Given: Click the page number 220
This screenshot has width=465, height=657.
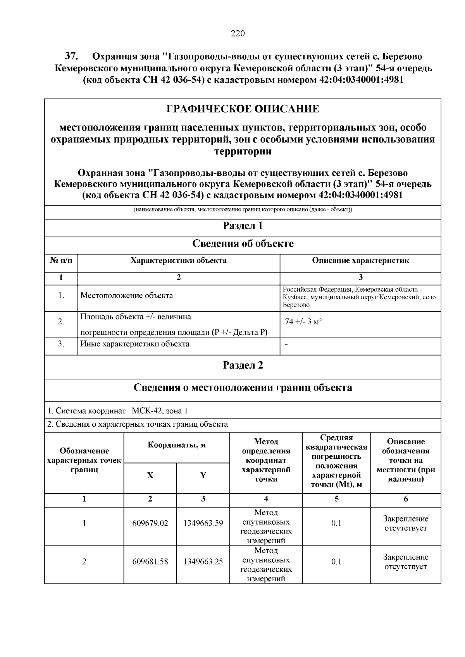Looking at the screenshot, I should click(x=238, y=34).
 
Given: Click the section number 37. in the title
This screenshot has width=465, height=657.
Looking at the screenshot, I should click(x=72, y=57).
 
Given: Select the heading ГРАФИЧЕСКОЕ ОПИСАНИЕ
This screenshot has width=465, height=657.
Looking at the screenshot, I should click(x=243, y=109).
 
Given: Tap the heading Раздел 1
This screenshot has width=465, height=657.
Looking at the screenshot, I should click(x=243, y=226).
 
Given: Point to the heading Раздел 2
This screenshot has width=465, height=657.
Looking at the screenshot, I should click(x=243, y=365).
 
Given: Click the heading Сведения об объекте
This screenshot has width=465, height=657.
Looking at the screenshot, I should click(x=243, y=244).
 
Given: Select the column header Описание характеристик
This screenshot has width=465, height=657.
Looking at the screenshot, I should click(x=360, y=261).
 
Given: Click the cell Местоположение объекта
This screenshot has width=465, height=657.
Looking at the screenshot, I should click(x=127, y=296).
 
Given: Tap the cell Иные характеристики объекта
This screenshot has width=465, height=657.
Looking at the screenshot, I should click(x=135, y=344).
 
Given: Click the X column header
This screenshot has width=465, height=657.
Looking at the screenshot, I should click(x=150, y=476).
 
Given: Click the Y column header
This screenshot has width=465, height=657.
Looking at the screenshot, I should click(x=203, y=476).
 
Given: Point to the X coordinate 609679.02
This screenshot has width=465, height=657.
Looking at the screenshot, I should click(x=150, y=523).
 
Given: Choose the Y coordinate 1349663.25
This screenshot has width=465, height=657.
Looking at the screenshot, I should click(x=203, y=561).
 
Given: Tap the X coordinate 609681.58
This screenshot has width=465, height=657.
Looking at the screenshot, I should click(x=150, y=561).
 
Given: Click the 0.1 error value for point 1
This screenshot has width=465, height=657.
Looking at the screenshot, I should click(x=336, y=523).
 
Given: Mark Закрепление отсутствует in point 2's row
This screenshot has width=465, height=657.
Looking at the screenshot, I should click(x=405, y=562).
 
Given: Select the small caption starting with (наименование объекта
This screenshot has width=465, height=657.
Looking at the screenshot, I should click(x=243, y=210).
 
